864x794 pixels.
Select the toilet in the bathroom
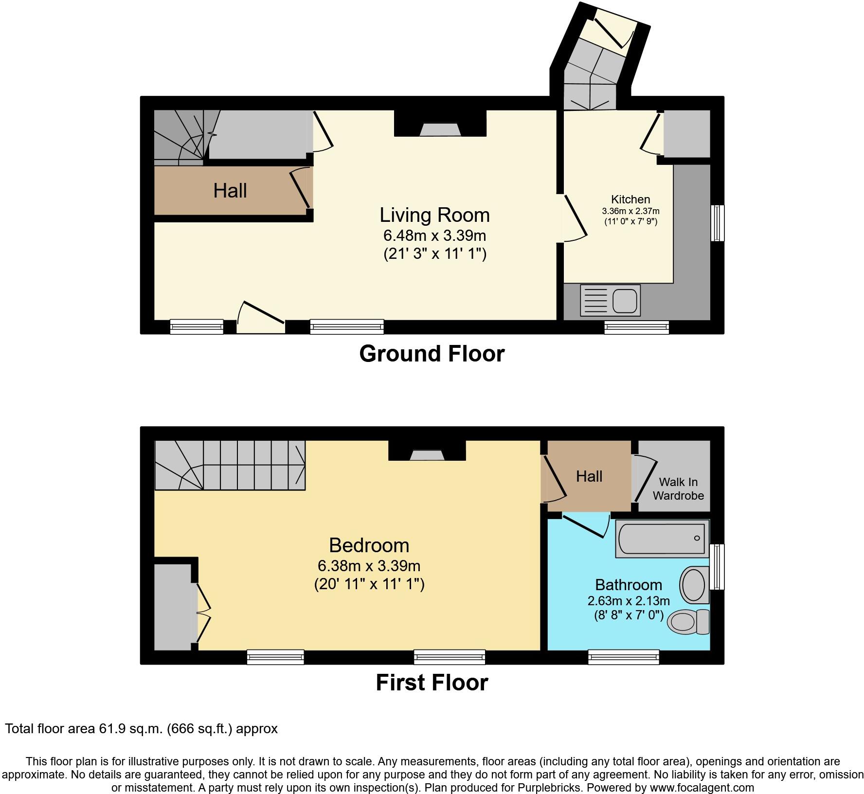coord(689,621)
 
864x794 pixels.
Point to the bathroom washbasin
coord(695,585)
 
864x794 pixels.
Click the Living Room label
coord(434,215)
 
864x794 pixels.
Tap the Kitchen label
coord(630,199)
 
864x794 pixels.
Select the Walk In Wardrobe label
coord(678,489)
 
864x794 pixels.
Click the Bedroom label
coord(369,545)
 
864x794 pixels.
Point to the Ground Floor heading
coord(432,354)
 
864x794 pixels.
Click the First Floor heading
coord(432,683)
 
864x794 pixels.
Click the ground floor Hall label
coord(230,191)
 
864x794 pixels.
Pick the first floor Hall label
coord(589,476)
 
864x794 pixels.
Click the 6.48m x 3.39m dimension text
coord(434,235)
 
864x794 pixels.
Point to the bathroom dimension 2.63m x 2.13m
coord(629,600)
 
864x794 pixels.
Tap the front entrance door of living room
coord(261,317)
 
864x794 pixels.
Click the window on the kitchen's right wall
coord(717,223)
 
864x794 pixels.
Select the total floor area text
coord(141,729)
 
